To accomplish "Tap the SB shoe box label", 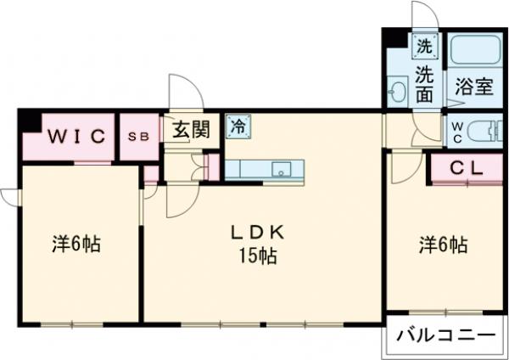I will tap(137, 136).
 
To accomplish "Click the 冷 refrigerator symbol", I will tap(238, 126).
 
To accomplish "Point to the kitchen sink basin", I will tap(281, 168).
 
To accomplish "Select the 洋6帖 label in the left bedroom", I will tap(76, 245).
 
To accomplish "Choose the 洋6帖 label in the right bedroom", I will tap(442, 245).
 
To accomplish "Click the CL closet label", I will tap(466, 167).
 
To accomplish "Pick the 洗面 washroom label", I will tap(425, 82).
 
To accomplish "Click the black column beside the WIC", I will tap(31, 121).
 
